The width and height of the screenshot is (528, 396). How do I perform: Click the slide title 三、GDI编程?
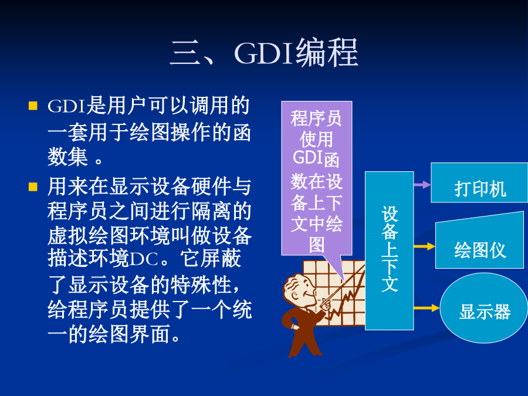coord(264,52)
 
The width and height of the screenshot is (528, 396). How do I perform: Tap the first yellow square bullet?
coord(33,106)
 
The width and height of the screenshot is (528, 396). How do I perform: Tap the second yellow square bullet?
coord(33,187)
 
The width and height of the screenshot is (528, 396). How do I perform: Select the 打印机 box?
coord(479,183)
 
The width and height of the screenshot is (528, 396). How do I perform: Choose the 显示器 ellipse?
coord(483,308)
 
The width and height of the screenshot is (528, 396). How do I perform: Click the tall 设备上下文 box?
coord(390,251)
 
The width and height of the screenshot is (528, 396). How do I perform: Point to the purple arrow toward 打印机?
coord(422,185)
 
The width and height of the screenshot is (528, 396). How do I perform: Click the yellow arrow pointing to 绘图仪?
coord(424,246)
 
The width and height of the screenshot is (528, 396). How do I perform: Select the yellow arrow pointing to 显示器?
coord(427,308)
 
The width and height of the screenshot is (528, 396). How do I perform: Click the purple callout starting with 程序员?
coord(317,178)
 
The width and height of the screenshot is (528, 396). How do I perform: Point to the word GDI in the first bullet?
coord(67,106)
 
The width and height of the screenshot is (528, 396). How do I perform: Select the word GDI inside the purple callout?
coord(308,158)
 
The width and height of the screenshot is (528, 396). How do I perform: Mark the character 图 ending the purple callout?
coord(317,245)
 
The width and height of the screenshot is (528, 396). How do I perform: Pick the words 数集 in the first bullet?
coord(67,157)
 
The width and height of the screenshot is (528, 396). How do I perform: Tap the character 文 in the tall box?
coord(390,283)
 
